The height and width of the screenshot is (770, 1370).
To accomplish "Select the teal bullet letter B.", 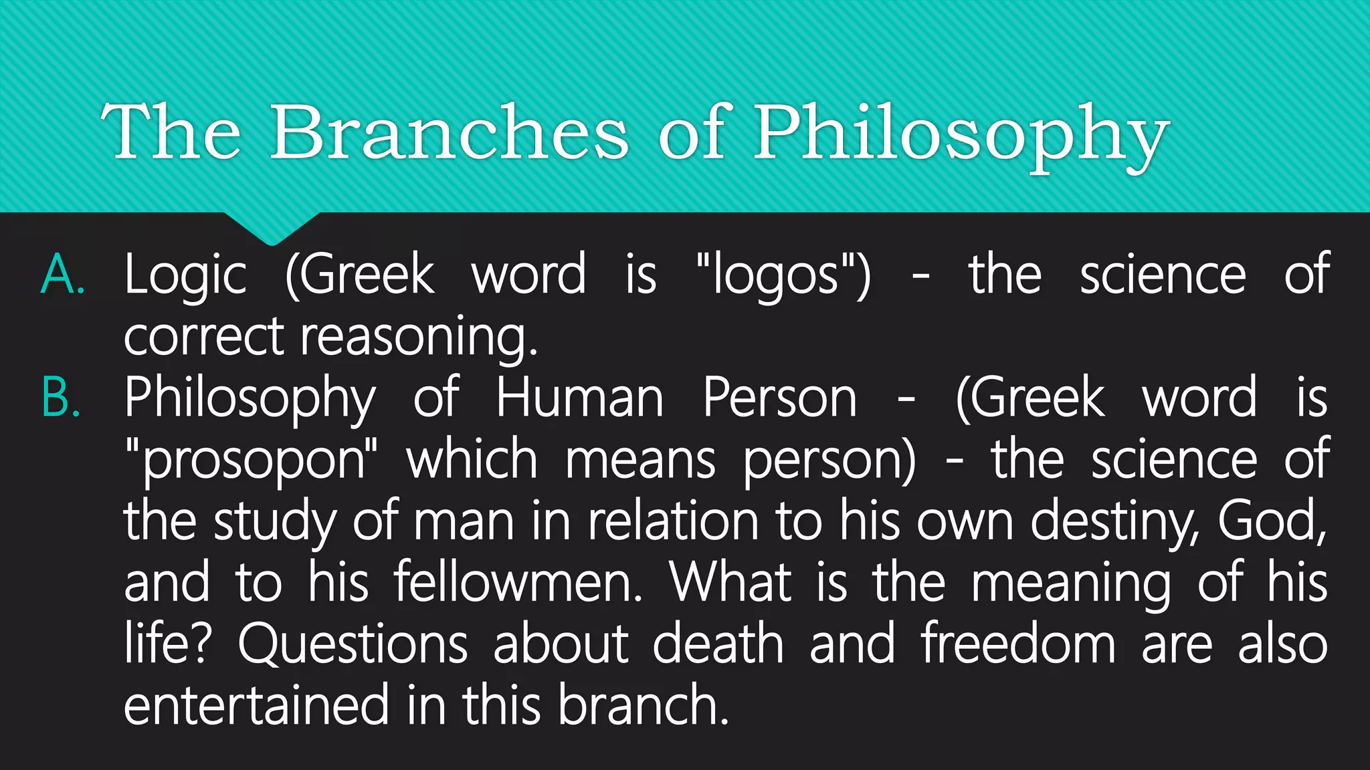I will (x=61, y=398).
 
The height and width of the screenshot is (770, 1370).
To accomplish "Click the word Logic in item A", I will (x=185, y=276).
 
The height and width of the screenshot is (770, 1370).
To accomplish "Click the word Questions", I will (x=353, y=645).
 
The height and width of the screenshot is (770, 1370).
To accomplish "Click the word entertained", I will (x=256, y=706).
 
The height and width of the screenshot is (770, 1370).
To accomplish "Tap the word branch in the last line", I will (x=642, y=706).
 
